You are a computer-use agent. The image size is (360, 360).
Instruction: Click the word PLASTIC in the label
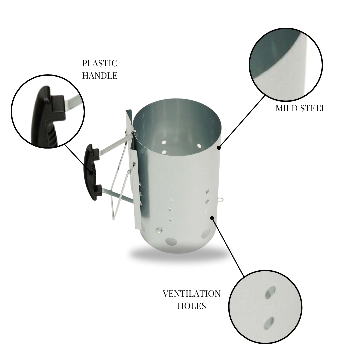pyautogui.click(x=100, y=63)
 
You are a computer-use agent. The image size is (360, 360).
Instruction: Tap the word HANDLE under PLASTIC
pyautogui.click(x=100, y=75)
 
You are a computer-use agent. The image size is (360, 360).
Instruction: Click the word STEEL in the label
pyautogui.click(x=314, y=108)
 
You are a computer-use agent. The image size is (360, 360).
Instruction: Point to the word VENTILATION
pyautogui.click(x=191, y=294)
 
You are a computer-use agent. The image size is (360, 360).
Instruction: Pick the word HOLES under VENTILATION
pyautogui.click(x=191, y=306)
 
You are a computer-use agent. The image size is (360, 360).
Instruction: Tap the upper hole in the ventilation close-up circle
pyautogui.click(x=270, y=292)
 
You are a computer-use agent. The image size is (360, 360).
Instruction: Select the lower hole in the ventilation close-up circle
pyautogui.click(x=269, y=322)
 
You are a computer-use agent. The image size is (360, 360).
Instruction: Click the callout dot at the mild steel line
pyautogui.click(x=219, y=147)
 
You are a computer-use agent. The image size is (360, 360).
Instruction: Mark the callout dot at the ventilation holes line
pyautogui.click(x=212, y=218)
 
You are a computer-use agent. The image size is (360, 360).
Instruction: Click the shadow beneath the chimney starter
pyautogui.click(x=177, y=255)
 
